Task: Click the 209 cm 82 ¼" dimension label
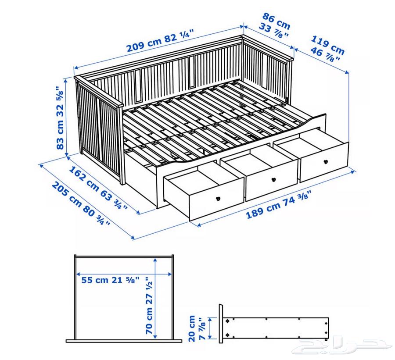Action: tap(161, 40)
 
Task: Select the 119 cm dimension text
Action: tap(328, 45)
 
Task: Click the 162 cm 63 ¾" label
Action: tap(98, 188)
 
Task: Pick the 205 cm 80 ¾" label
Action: tap(81, 203)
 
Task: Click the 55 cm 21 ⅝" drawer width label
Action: tap(110, 280)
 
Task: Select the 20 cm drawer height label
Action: tap(192, 328)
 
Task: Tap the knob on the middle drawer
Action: tap(273, 180)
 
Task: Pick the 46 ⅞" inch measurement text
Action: tap(325, 55)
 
